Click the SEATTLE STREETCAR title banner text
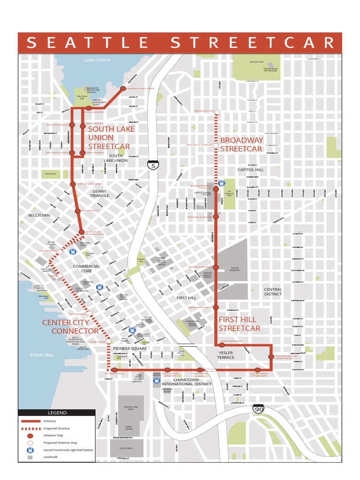click(180, 43)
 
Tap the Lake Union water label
click(97, 60)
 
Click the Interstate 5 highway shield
click(152, 165)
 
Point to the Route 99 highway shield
click(258, 409)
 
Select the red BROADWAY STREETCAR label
click(241, 144)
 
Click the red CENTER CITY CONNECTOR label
click(70, 327)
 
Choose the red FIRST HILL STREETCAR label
click(239, 324)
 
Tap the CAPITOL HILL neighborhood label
click(251, 170)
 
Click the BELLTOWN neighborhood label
click(39, 215)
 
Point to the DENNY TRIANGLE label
click(99, 193)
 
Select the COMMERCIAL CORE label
click(86, 269)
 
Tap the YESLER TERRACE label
click(225, 355)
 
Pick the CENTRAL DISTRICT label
click(273, 292)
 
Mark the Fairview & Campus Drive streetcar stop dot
click(123, 88)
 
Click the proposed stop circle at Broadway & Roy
click(216, 112)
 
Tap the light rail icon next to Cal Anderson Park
click(222, 183)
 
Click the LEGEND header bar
click(57, 413)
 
